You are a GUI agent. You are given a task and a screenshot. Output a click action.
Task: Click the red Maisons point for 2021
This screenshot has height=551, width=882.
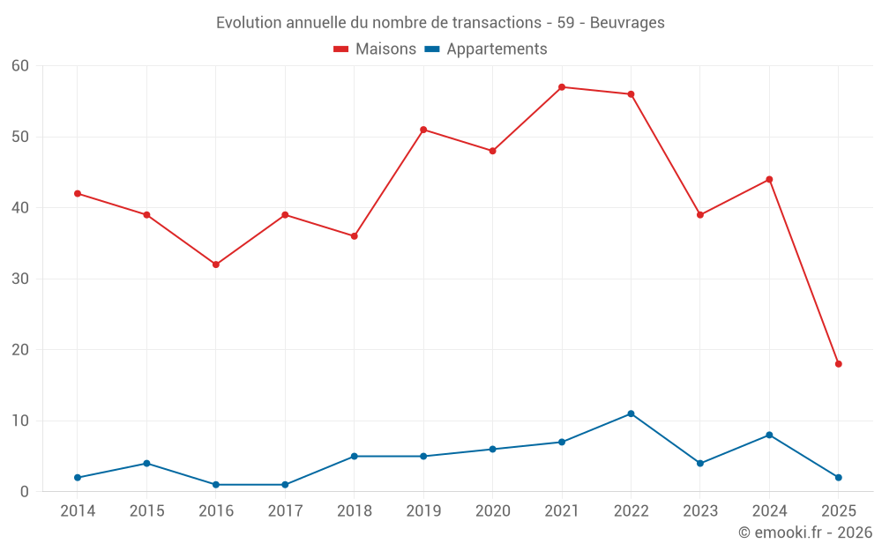(x=562, y=87)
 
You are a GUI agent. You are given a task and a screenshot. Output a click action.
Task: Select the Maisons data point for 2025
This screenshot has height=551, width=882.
(x=838, y=364)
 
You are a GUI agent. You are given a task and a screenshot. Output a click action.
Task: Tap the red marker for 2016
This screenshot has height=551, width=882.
(x=216, y=264)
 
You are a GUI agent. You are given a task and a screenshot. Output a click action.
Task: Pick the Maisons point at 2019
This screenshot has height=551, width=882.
(x=423, y=130)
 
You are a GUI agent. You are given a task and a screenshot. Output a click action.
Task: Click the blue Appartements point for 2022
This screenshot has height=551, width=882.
(x=631, y=413)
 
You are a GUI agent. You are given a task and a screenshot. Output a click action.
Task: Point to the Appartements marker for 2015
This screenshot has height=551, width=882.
(x=146, y=463)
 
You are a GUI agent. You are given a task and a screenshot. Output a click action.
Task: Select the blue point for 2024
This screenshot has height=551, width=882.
(x=769, y=435)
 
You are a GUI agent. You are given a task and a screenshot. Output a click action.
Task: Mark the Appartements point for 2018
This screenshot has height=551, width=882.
(x=354, y=456)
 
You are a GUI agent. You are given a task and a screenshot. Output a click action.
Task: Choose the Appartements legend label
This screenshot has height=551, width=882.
(x=497, y=49)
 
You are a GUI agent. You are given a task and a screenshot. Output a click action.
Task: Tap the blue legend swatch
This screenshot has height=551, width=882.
(x=432, y=49)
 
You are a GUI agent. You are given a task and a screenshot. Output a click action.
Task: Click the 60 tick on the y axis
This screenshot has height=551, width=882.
(x=20, y=66)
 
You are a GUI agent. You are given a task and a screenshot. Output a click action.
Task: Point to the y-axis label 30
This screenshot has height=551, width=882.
(x=20, y=279)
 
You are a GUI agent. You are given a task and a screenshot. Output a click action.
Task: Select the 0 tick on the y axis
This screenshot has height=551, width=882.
(x=25, y=491)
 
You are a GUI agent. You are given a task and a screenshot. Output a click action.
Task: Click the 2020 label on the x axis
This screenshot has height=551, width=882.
(x=492, y=510)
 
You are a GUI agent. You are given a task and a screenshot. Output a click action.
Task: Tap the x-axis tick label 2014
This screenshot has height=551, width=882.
(x=78, y=510)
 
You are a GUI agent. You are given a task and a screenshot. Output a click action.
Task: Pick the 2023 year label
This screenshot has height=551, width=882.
(x=700, y=510)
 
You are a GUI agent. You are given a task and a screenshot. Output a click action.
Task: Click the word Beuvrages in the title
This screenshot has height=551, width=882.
(x=628, y=22)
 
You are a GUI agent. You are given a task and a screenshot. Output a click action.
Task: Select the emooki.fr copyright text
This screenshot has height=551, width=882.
(x=804, y=532)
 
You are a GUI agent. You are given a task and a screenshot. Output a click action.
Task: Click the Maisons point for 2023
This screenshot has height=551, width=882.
(x=700, y=215)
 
